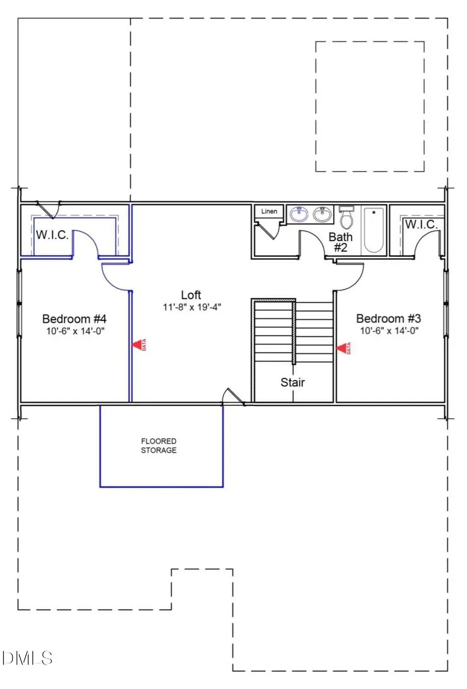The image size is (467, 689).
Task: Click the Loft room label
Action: point(191,295)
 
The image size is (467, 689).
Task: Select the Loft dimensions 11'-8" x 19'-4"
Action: point(192,307)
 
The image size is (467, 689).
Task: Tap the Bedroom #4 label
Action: point(74,319)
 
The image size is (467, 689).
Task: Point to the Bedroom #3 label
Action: point(388,319)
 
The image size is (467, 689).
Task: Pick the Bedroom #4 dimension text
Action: point(75,331)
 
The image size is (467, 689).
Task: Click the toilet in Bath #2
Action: point(346,218)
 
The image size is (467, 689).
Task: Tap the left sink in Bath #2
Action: point(299,214)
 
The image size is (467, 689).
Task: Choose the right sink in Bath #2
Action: point(322,214)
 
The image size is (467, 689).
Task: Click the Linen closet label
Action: point(269,211)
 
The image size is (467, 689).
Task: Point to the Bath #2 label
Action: point(340,242)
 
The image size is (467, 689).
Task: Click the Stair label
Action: point(293,382)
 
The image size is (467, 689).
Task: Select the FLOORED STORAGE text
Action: point(159,446)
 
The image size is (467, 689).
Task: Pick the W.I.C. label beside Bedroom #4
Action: point(52,235)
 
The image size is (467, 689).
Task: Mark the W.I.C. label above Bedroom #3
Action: point(421,225)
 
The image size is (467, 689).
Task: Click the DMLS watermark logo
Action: point(27,658)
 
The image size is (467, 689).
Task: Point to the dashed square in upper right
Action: point(369,106)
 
